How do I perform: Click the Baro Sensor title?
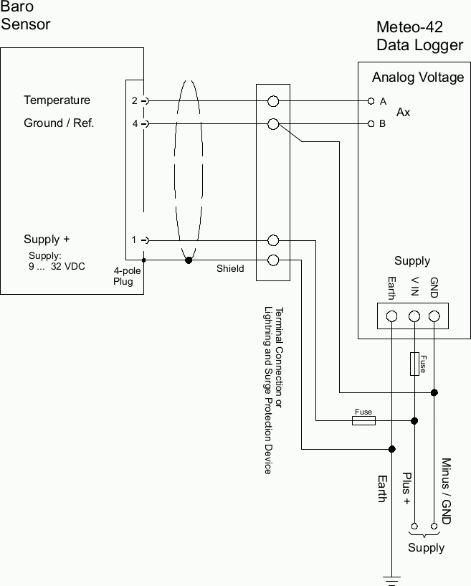26,16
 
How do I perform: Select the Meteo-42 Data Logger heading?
419,37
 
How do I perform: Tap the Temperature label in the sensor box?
57,100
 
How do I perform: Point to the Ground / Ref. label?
59,123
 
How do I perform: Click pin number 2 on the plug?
134,101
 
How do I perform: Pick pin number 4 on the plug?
134,124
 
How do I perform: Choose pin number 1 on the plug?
134,240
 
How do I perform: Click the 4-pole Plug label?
127,276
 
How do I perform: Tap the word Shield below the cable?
230,269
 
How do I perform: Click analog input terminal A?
371,101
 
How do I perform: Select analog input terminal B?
371,124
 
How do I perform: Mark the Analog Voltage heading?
418,77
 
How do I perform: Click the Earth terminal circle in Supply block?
391,316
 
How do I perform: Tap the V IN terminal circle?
414,316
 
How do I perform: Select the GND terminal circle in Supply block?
434,316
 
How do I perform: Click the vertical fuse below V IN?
414,364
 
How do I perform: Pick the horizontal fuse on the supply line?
363,420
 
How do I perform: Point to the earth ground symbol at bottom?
391,577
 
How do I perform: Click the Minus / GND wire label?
446,491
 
